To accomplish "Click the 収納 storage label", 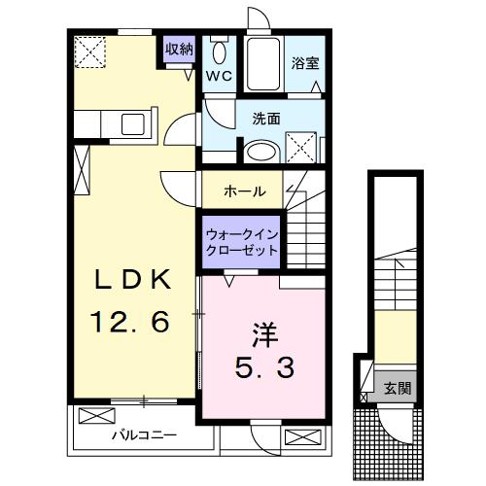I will [179, 49].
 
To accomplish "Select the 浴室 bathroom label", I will [305, 64].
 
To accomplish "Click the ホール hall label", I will [245, 191].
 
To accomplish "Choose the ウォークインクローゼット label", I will [241, 242].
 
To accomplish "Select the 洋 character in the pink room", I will [264, 333].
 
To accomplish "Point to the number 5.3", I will [264, 368].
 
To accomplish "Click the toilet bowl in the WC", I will [219, 52].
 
